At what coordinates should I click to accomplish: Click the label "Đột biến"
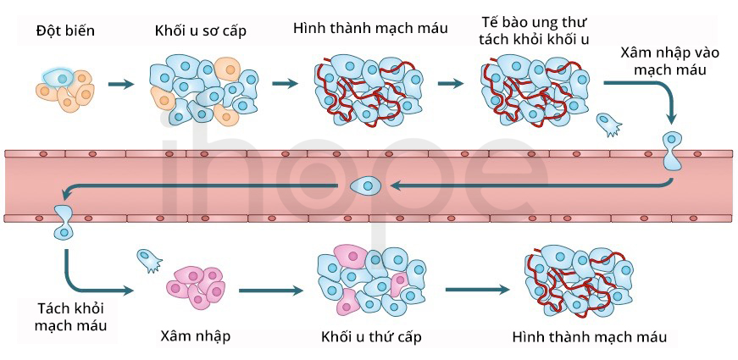(65, 30)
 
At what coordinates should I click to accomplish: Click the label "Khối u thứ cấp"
(371, 337)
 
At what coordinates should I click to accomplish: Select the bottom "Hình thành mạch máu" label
(589, 337)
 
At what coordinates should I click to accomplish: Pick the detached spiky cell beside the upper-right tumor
(608, 125)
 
